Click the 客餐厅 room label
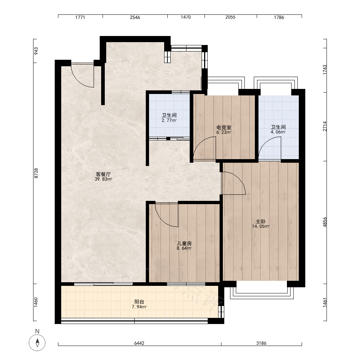click(x=103, y=174)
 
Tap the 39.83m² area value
click(x=103, y=179)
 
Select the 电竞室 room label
click(x=224, y=127)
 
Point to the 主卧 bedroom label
click(x=261, y=221)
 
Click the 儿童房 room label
click(x=184, y=243)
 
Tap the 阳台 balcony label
click(x=139, y=302)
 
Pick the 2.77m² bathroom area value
click(x=169, y=120)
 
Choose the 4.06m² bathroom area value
click(x=278, y=132)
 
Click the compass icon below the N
click(x=37, y=343)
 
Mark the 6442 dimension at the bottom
click(x=139, y=343)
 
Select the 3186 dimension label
click(x=261, y=343)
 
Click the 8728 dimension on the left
click(x=36, y=174)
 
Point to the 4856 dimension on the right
click(x=325, y=222)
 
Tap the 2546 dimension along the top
click(x=135, y=17)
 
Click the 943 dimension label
click(x=36, y=51)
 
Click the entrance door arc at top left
click(x=78, y=80)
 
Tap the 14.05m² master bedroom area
click(x=261, y=226)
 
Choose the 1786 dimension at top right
click(x=279, y=17)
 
